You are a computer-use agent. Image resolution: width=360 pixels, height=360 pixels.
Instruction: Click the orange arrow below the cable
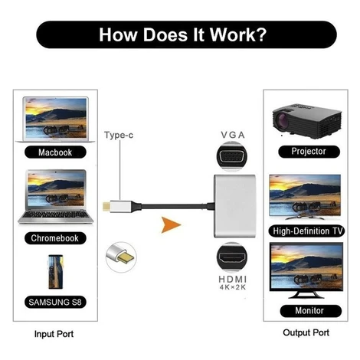pos(171,224)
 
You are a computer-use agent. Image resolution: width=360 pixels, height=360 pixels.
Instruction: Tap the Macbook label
pos(55,152)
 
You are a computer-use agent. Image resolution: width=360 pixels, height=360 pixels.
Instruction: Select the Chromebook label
pos(55,238)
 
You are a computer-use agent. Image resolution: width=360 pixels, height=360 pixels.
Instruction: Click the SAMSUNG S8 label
pos(55,302)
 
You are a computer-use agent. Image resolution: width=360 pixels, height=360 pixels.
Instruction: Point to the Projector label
pos(309,152)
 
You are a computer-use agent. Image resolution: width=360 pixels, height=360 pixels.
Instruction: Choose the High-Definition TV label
pos(306,231)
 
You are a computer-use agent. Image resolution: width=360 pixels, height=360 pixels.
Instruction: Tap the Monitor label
pos(310,311)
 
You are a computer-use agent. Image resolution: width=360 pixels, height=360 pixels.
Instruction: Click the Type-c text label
pos(119,135)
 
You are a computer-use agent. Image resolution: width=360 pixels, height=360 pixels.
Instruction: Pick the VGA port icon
pos(232,155)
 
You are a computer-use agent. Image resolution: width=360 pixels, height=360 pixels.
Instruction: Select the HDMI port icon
pos(232,257)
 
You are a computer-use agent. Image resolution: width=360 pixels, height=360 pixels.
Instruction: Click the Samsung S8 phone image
pos(56,272)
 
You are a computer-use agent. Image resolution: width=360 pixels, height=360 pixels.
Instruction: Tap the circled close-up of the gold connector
pos(121,257)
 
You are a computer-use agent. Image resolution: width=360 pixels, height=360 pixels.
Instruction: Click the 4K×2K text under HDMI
pos(233,287)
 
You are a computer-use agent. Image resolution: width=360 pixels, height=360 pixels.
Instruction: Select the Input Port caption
pos(54,334)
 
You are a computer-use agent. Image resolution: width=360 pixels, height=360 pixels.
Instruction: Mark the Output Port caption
pos(306,332)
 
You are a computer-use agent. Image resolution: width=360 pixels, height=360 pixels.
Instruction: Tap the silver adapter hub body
pos(234,206)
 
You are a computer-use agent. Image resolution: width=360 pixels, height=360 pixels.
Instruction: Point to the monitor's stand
pos(306,294)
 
